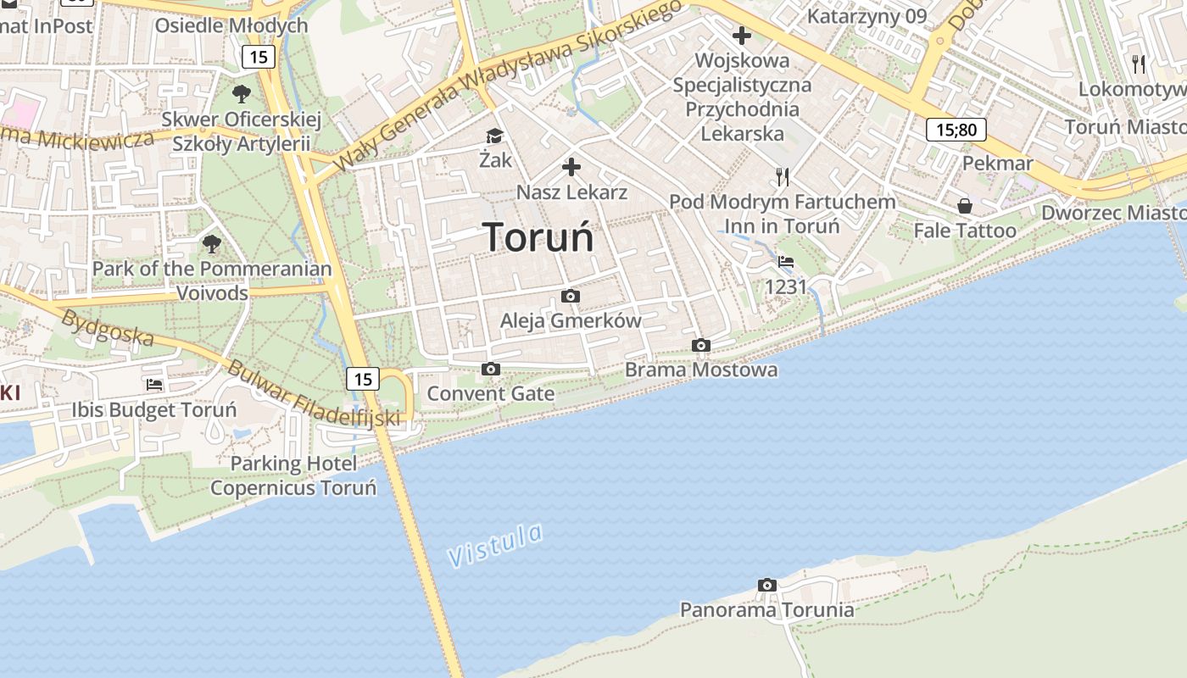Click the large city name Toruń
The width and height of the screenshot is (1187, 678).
tap(538, 237)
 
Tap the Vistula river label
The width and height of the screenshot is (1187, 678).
tap(495, 545)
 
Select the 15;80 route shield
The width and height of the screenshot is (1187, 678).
tap(956, 130)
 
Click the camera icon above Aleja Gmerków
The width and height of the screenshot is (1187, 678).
tap(571, 296)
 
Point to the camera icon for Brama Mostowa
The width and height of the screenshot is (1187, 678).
tap(700, 345)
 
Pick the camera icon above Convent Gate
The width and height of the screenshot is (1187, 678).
tap(490, 369)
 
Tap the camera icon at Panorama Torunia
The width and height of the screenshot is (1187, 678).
tap(766, 585)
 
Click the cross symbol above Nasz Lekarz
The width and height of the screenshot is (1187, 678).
tap(571, 166)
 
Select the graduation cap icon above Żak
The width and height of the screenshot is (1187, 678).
tap(493, 136)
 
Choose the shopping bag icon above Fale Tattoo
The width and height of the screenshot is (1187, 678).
tap(964, 206)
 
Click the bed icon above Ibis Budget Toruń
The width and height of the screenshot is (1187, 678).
tap(153, 385)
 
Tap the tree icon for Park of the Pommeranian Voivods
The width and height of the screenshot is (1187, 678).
tap(211, 245)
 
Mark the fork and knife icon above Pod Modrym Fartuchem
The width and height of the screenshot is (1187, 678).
tap(782, 176)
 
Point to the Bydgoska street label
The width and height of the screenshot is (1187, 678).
tap(109, 329)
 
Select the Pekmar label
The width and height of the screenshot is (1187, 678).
tap(998, 163)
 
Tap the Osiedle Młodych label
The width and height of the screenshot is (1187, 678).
tap(231, 25)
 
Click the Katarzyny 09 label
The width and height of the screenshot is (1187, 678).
tap(867, 16)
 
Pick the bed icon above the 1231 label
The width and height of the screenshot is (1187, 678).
tap(786, 262)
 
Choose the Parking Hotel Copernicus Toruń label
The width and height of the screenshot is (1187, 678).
tap(293, 475)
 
